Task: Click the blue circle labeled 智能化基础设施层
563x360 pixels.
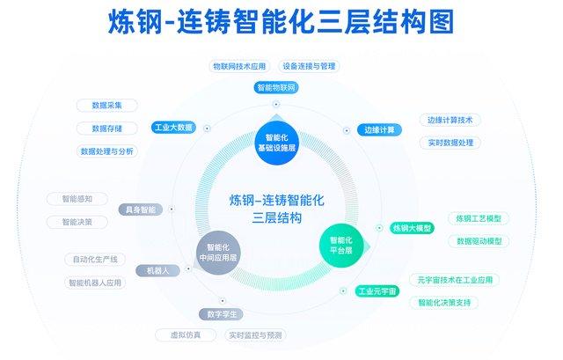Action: pyautogui.click(x=276, y=143)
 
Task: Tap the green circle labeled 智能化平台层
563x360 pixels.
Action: pyautogui.click(x=341, y=246)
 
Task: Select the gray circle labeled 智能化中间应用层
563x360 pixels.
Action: pyautogui.click(x=218, y=253)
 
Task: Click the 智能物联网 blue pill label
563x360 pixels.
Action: pyautogui.click(x=276, y=87)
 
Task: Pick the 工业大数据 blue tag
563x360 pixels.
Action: pyautogui.click(x=174, y=127)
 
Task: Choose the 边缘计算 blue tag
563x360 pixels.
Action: pyautogui.click(x=379, y=129)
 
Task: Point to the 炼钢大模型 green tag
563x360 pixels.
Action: pyautogui.click(x=412, y=228)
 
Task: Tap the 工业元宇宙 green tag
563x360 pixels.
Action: pyautogui.click(x=377, y=290)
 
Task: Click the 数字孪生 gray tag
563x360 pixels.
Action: pyautogui.click(x=221, y=314)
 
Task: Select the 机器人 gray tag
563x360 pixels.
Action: pyautogui.click(x=158, y=270)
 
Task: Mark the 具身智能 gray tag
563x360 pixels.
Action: pyautogui.click(x=141, y=209)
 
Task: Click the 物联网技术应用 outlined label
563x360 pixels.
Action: pyautogui.click(x=239, y=66)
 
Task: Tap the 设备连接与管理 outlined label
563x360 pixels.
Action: pyautogui.click(x=309, y=66)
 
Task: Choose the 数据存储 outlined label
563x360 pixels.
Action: pyautogui.click(x=107, y=129)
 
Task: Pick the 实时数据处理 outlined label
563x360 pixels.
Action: pyautogui.click(x=450, y=143)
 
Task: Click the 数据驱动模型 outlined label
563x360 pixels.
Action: pyautogui.click(x=479, y=241)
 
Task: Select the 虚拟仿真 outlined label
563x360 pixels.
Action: pyautogui.click(x=186, y=335)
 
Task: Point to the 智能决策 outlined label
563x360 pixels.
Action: pyautogui.click(x=77, y=222)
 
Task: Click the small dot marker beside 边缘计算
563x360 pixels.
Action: pyautogui.click(x=347, y=130)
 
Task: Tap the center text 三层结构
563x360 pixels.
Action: pyautogui.click(x=277, y=217)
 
